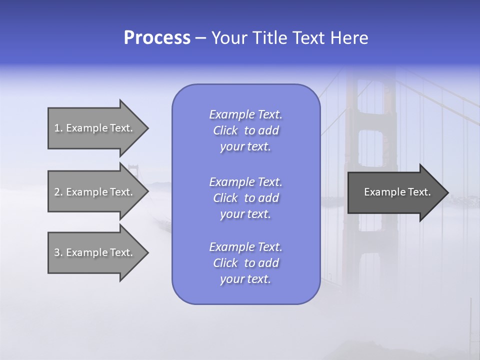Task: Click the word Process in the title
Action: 157,38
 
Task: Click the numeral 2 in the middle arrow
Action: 57,192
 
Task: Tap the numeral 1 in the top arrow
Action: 57,128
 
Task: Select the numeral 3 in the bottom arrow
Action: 57,252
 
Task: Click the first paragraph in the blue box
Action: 245,130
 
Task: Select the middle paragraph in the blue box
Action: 245,198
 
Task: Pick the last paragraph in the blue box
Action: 245,263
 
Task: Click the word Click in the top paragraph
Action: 225,130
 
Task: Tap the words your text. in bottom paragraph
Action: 245,279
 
